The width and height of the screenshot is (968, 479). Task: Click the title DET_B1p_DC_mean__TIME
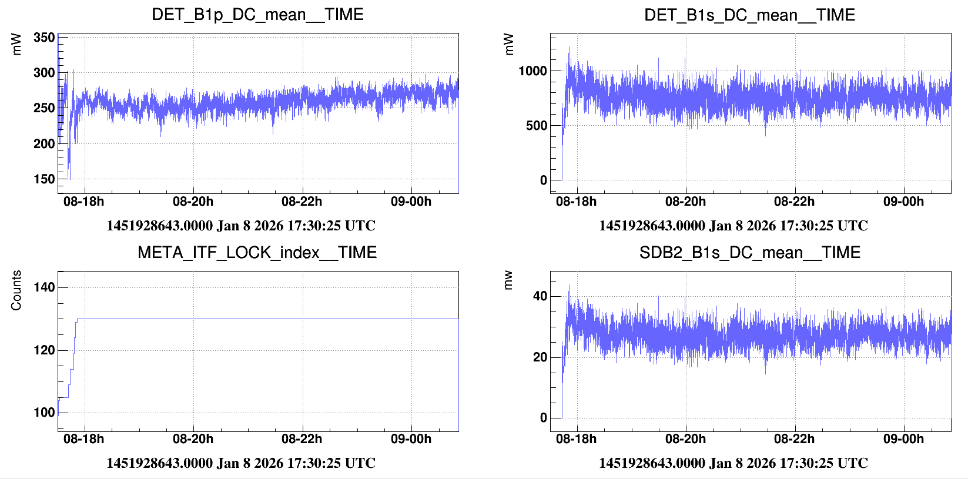pos(257,14)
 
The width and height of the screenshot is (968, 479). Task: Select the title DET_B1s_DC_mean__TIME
pos(749,14)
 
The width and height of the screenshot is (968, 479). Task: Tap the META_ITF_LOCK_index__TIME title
pos(257,252)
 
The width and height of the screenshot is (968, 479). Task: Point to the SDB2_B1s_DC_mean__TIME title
pos(749,252)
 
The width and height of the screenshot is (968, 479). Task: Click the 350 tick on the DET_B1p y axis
pos(44,38)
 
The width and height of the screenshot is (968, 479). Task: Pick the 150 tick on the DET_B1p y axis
pos(44,179)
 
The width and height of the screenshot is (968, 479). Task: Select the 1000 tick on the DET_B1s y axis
pos(532,71)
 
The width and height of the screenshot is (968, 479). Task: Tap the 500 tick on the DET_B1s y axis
pos(536,126)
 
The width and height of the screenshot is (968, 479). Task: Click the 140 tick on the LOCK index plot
pos(44,287)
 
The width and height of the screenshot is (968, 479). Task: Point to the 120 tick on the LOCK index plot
pos(44,350)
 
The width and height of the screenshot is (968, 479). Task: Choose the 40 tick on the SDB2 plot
pos(540,296)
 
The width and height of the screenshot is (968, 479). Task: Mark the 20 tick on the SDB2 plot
pos(540,357)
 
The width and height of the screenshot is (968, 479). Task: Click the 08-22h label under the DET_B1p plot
pos(302,202)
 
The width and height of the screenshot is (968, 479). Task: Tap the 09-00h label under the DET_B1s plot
pos(903,202)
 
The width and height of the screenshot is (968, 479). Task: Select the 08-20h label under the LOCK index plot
pos(193,439)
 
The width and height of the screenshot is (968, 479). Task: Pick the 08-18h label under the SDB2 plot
pos(576,439)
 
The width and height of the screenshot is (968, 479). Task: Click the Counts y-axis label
pos(16,290)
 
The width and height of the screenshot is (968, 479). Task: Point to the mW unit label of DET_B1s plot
pos(509,44)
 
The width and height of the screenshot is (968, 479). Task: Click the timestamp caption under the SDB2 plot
pos(733,463)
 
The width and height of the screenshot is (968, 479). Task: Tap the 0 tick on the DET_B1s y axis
pos(544,180)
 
